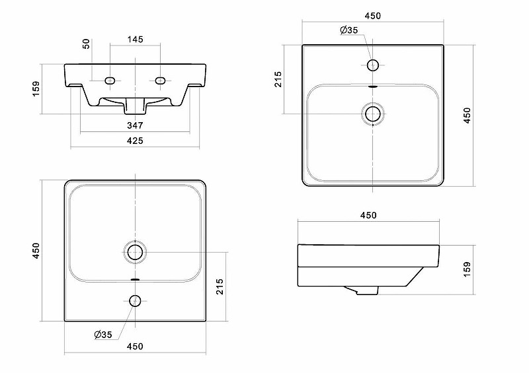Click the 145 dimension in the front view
pos(136,40)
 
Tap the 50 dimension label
pos(87,44)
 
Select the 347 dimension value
pos(135,125)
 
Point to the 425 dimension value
pos(135,141)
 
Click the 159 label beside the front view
pos(36,88)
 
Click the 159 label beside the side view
pos(467,269)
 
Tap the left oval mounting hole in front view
pos(110,81)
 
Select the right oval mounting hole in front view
pos(160,81)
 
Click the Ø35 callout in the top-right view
pos(349,30)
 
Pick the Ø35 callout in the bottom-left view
pos(103,335)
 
